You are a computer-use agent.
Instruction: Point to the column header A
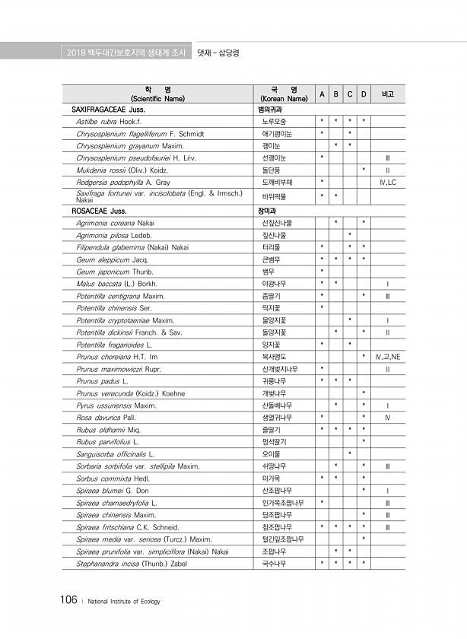(322, 94)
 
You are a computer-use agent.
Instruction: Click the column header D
(364, 94)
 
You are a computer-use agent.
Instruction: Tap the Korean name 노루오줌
(274, 121)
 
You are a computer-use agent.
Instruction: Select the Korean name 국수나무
(274, 563)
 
